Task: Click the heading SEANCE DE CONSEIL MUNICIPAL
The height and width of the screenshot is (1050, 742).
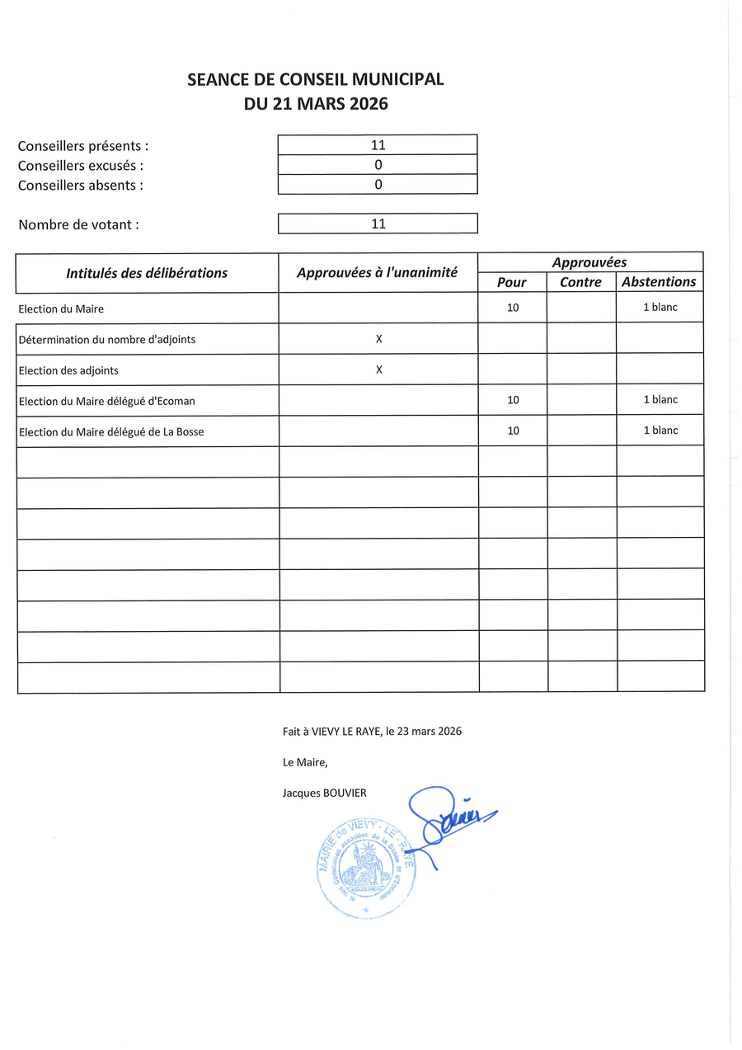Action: [315, 80]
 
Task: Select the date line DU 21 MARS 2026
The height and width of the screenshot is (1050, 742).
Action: [315, 104]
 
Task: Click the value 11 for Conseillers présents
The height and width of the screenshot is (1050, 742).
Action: [378, 145]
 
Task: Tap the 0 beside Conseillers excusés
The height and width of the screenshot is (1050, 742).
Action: [378, 165]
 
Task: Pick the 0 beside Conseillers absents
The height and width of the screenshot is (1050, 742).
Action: [378, 185]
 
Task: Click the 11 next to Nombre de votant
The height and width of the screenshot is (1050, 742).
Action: [378, 224]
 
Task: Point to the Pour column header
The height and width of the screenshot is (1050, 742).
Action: [512, 282]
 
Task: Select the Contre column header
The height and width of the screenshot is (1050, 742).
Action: [581, 282]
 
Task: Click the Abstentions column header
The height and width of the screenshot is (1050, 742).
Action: [659, 282]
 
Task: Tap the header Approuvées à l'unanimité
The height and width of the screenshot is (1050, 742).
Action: [378, 273]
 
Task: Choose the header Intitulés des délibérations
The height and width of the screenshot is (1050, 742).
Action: [147, 273]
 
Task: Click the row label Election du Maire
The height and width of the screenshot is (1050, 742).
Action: [61, 309]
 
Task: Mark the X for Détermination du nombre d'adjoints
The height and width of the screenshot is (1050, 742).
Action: [379, 339]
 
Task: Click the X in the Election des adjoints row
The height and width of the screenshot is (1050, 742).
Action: [379, 370]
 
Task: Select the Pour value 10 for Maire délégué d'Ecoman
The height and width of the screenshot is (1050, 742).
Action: [514, 400]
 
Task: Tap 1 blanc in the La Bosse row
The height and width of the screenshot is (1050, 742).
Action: [660, 431]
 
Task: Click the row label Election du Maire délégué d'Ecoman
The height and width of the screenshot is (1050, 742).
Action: [107, 402]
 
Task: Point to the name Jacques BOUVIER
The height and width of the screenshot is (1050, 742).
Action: [324, 793]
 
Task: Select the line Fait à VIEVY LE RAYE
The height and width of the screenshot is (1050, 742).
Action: [372, 731]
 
